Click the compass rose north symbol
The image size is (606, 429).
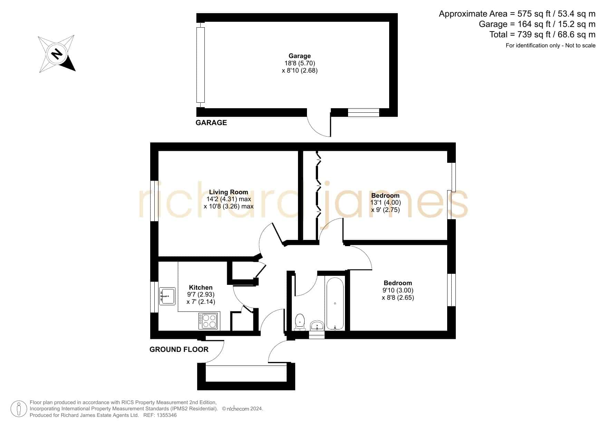57,54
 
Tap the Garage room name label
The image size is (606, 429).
299,56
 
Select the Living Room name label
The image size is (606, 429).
228,192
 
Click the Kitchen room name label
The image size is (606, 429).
201,287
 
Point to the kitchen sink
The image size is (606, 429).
167,296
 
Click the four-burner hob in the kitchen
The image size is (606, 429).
208,321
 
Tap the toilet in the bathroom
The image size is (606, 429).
300,322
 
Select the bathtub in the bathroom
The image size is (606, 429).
335,303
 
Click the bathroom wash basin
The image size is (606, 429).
317,326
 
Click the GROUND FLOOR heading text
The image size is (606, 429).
179,349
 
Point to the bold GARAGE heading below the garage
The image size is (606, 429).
211,123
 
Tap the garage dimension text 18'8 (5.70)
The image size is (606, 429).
299,63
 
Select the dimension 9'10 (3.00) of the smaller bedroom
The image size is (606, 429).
398,290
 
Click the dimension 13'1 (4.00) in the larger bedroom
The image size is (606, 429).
385,203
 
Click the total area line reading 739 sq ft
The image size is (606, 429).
542,35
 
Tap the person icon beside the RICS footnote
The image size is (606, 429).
19,409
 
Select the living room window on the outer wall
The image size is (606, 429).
154,201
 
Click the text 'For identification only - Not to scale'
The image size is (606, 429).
550,46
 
